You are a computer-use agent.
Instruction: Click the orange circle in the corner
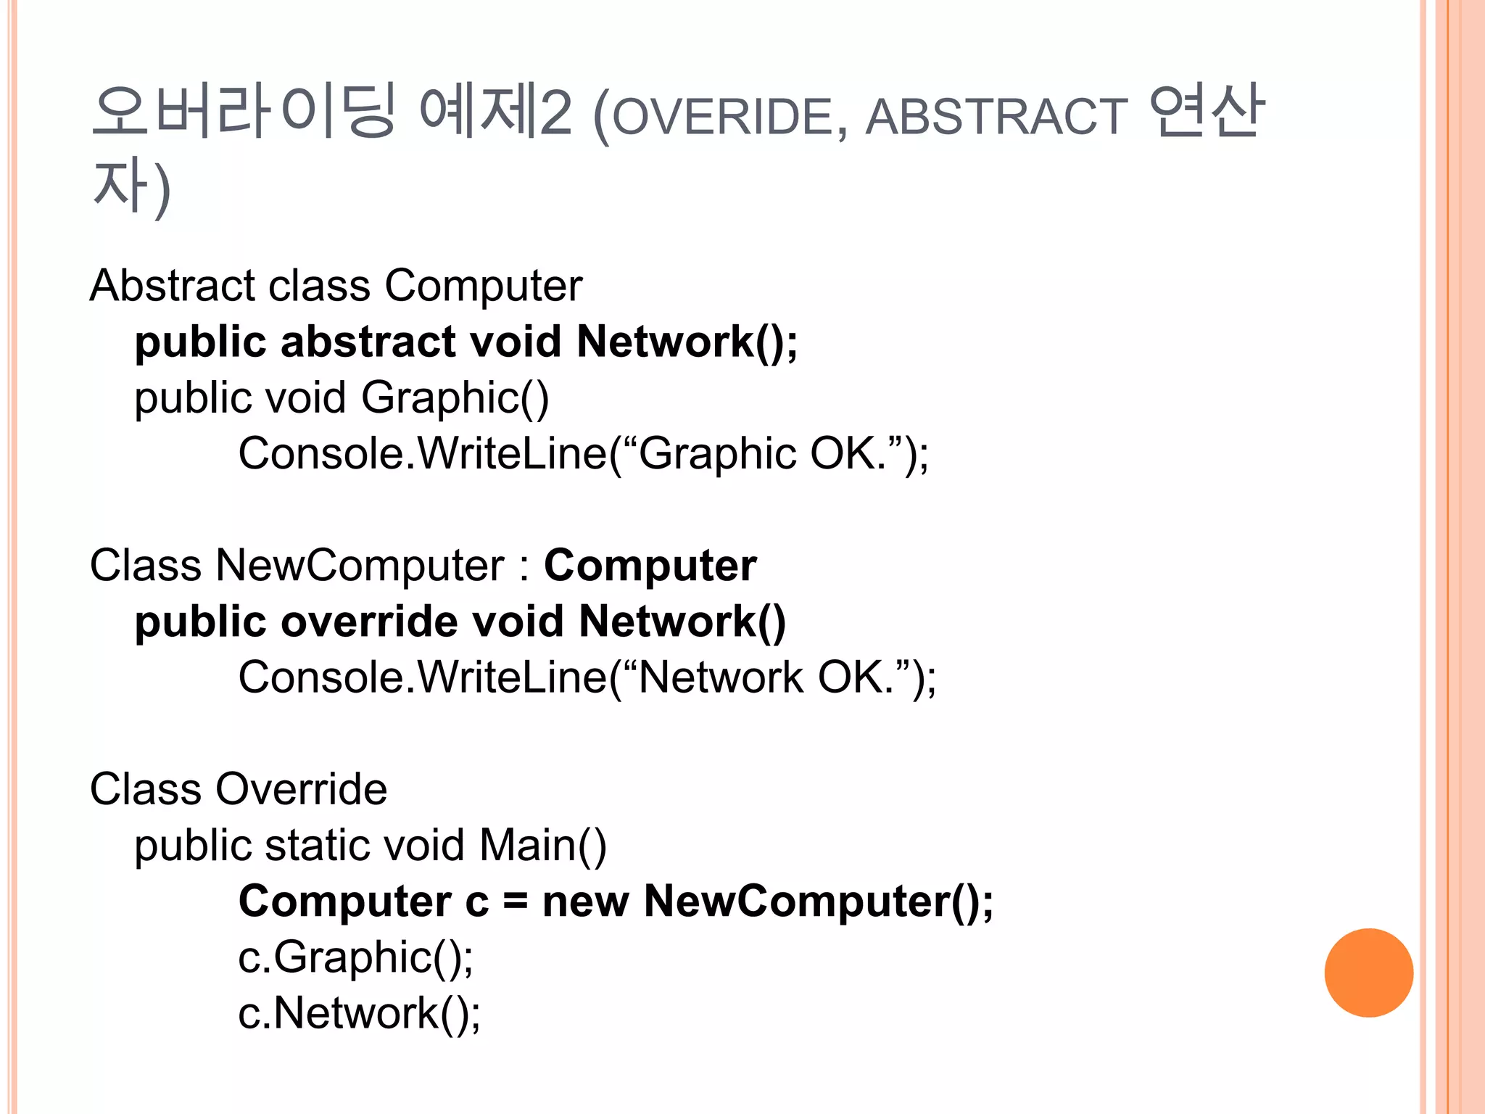(x=1368, y=973)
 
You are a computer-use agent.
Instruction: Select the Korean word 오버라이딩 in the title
(x=244, y=112)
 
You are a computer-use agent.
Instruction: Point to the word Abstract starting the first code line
(x=172, y=285)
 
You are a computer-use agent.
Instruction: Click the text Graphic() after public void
(x=455, y=398)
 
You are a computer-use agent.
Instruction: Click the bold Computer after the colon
(x=650, y=566)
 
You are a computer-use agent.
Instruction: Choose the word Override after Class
(x=301, y=789)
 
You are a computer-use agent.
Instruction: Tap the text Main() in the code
(x=542, y=846)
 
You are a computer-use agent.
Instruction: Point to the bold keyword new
(x=584, y=901)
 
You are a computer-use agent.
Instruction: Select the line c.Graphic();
(x=355, y=957)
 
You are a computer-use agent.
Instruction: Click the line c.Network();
(x=359, y=1013)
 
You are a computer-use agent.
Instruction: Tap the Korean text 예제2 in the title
(x=496, y=112)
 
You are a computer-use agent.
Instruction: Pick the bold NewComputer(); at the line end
(x=818, y=901)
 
